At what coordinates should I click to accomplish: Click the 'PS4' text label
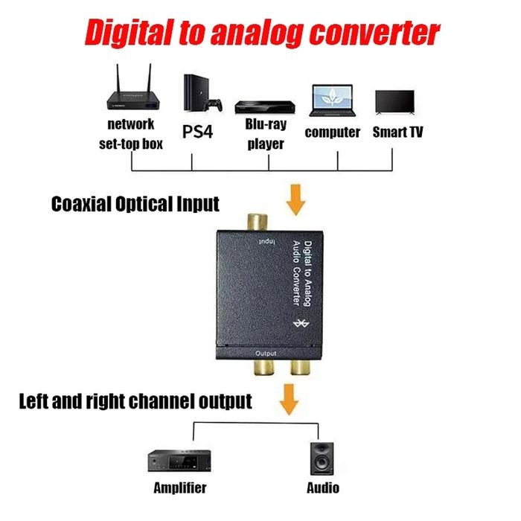click(x=198, y=132)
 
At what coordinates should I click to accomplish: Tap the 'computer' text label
click(x=332, y=132)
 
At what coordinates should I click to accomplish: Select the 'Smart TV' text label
click(x=397, y=132)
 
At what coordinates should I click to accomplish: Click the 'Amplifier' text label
click(x=179, y=489)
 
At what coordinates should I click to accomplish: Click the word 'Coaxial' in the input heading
click(x=85, y=203)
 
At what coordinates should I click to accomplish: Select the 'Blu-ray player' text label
click(x=266, y=135)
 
